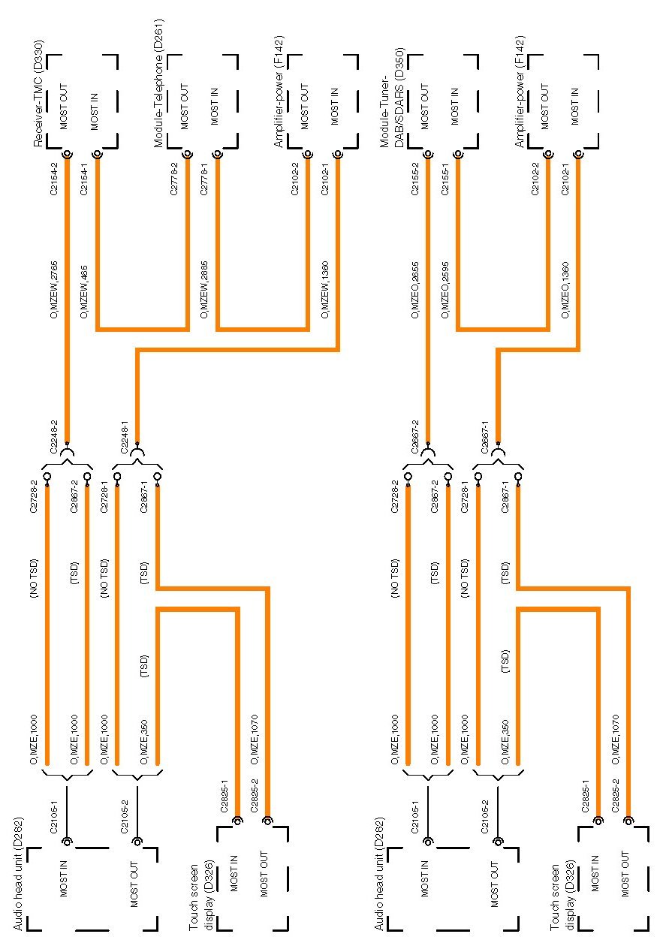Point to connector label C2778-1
tap(204, 179)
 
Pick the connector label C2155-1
tap(445, 179)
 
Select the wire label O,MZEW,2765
tap(54, 288)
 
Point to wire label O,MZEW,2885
tap(204, 288)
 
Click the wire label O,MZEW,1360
tap(324, 288)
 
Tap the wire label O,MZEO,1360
tap(565, 288)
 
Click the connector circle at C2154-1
tap(97, 155)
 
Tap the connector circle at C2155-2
tap(428, 155)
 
